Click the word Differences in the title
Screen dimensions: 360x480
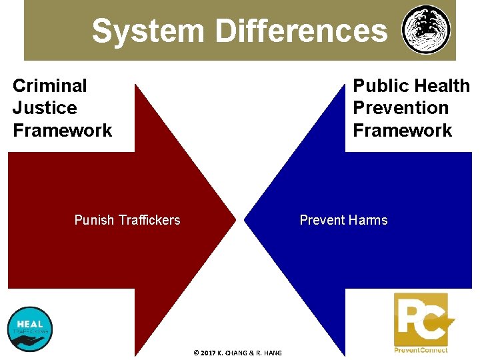click(x=301, y=31)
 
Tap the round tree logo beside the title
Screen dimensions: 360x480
click(x=426, y=30)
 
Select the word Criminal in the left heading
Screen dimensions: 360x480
click(x=49, y=85)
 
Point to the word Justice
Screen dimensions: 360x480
click(x=45, y=108)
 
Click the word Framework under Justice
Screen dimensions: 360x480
click(x=63, y=130)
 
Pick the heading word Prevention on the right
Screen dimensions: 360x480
click(x=401, y=108)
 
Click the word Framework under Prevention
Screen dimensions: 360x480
click(x=403, y=130)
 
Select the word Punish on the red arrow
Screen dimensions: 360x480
click(x=94, y=220)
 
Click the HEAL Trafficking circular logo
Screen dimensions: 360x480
click(x=30, y=329)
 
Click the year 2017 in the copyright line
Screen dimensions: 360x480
click(x=207, y=353)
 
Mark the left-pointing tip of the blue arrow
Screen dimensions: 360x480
click(x=245, y=220)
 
